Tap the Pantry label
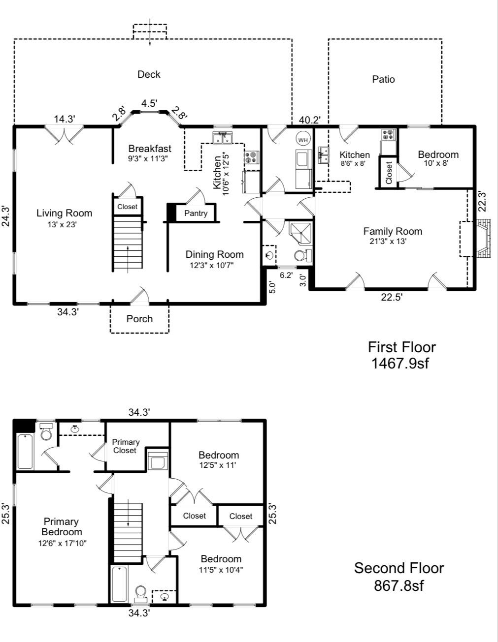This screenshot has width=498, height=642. (x=196, y=214)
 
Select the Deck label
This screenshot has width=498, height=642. (x=149, y=74)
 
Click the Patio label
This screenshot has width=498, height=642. (x=383, y=79)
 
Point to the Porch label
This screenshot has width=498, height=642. (x=139, y=319)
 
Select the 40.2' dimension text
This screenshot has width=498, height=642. (x=310, y=120)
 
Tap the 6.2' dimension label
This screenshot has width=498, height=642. (x=286, y=275)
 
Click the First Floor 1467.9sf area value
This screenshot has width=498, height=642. (x=401, y=363)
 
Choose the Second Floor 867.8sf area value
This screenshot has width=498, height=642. (x=399, y=585)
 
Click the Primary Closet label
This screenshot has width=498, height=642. (x=125, y=446)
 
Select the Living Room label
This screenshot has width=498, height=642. (x=64, y=213)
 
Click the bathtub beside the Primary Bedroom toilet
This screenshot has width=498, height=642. (x=26, y=451)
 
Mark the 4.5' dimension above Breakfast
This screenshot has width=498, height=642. (x=149, y=103)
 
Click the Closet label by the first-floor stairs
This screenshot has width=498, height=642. (x=127, y=207)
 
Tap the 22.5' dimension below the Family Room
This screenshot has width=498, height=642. (x=392, y=297)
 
